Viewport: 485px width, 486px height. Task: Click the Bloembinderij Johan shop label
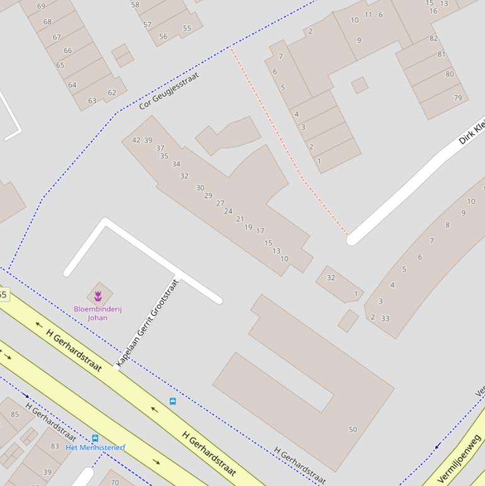97,313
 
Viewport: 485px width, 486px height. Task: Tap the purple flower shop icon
98,295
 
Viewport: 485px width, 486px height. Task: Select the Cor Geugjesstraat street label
169,91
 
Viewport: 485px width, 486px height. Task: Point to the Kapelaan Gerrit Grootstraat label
148,323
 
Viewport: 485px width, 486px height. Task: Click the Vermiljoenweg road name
460,459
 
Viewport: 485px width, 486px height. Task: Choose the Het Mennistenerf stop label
95,447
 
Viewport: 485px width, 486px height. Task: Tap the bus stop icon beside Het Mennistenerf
95,438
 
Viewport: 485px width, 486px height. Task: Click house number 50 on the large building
353,429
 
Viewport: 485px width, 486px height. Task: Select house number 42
136,140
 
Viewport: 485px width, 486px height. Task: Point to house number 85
15,415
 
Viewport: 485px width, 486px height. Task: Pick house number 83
55,446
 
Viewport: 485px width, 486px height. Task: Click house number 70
114,483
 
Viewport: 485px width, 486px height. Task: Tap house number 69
41,6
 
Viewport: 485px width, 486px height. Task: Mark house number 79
457,98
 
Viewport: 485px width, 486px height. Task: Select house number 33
385,318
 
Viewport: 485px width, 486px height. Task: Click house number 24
228,211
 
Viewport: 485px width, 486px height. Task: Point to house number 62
112,93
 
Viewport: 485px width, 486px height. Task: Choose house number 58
135,4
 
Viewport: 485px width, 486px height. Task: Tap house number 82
433,39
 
